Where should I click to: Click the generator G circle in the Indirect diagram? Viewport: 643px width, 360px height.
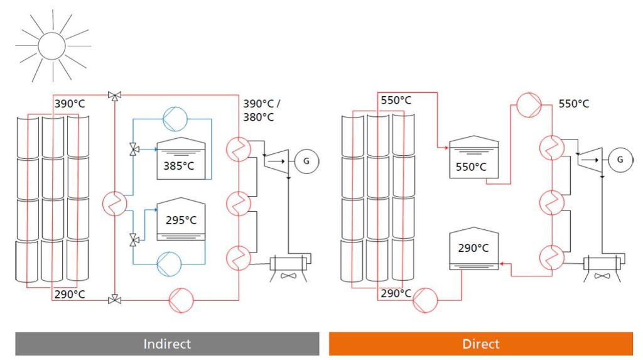[306, 161]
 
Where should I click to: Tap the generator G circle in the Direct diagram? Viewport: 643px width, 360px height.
[620, 160]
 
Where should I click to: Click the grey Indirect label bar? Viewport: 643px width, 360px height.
[167, 344]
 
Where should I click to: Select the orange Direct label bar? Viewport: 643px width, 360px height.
[481, 344]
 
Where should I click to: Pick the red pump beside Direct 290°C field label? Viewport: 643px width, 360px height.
[426, 299]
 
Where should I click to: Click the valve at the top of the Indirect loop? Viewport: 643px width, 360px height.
[114, 95]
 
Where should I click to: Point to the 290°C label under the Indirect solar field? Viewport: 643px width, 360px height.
[69, 294]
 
